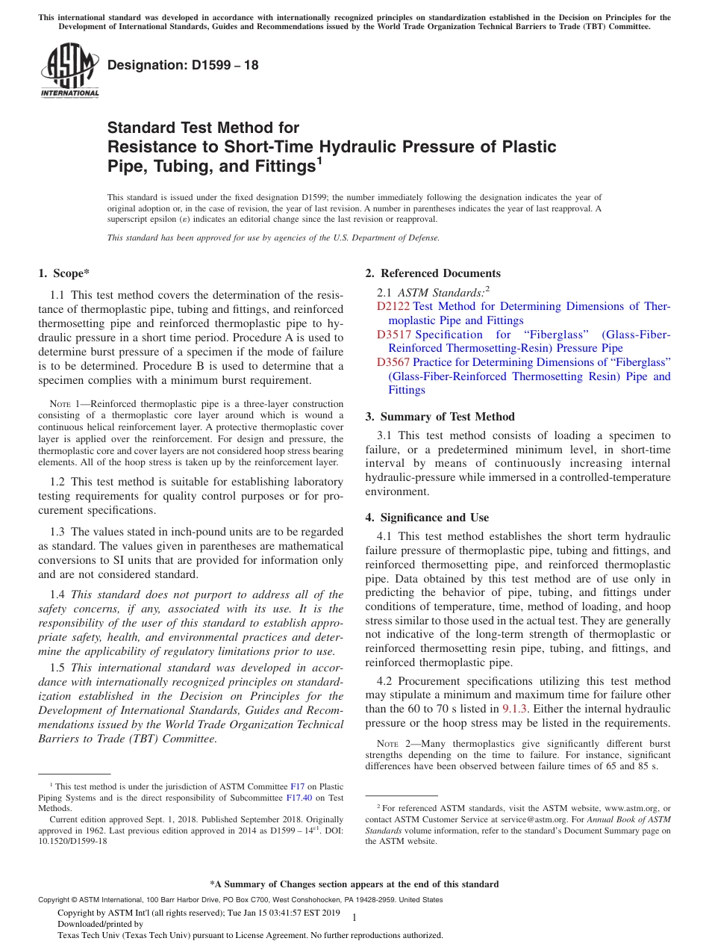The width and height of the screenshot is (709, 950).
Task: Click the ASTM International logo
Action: pyautogui.click(x=69, y=70)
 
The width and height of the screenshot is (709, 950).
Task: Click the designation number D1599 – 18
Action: pyautogui.click(x=183, y=65)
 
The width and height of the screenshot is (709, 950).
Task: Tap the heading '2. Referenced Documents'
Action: pyautogui.click(x=432, y=273)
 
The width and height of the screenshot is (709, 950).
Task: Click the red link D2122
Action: pyautogui.click(x=393, y=306)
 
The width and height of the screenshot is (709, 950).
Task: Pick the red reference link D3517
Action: pyautogui.click(x=393, y=335)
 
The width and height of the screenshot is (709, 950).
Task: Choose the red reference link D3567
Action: pyautogui.click(x=393, y=362)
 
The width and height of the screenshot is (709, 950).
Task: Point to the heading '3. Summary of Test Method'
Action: pyautogui.click(x=440, y=417)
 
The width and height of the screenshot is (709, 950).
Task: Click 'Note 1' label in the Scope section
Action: pyautogui.click(x=55, y=404)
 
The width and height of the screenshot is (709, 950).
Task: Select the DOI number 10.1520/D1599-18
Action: pyautogui.click(x=73, y=841)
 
